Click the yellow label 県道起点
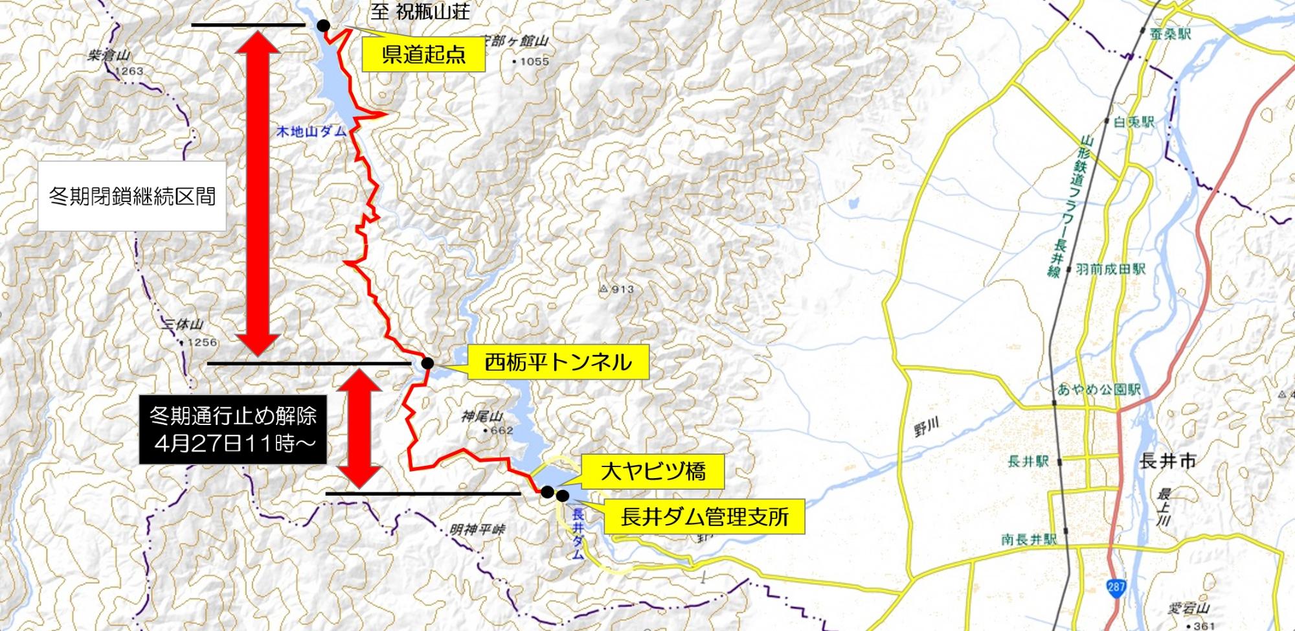[x=423, y=54]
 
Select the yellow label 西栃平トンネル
[x=558, y=362]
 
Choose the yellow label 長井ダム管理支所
[x=704, y=516]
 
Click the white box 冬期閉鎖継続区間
[x=132, y=196]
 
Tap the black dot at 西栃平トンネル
[x=427, y=363]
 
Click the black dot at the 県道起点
[x=322, y=25]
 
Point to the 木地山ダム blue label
[x=311, y=132]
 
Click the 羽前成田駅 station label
[x=1110, y=268]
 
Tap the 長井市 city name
[x=1167, y=461]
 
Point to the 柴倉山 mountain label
[x=108, y=56]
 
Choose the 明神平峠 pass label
[x=478, y=530]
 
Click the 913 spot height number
[x=622, y=290]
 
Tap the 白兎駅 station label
[x=1134, y=121]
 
